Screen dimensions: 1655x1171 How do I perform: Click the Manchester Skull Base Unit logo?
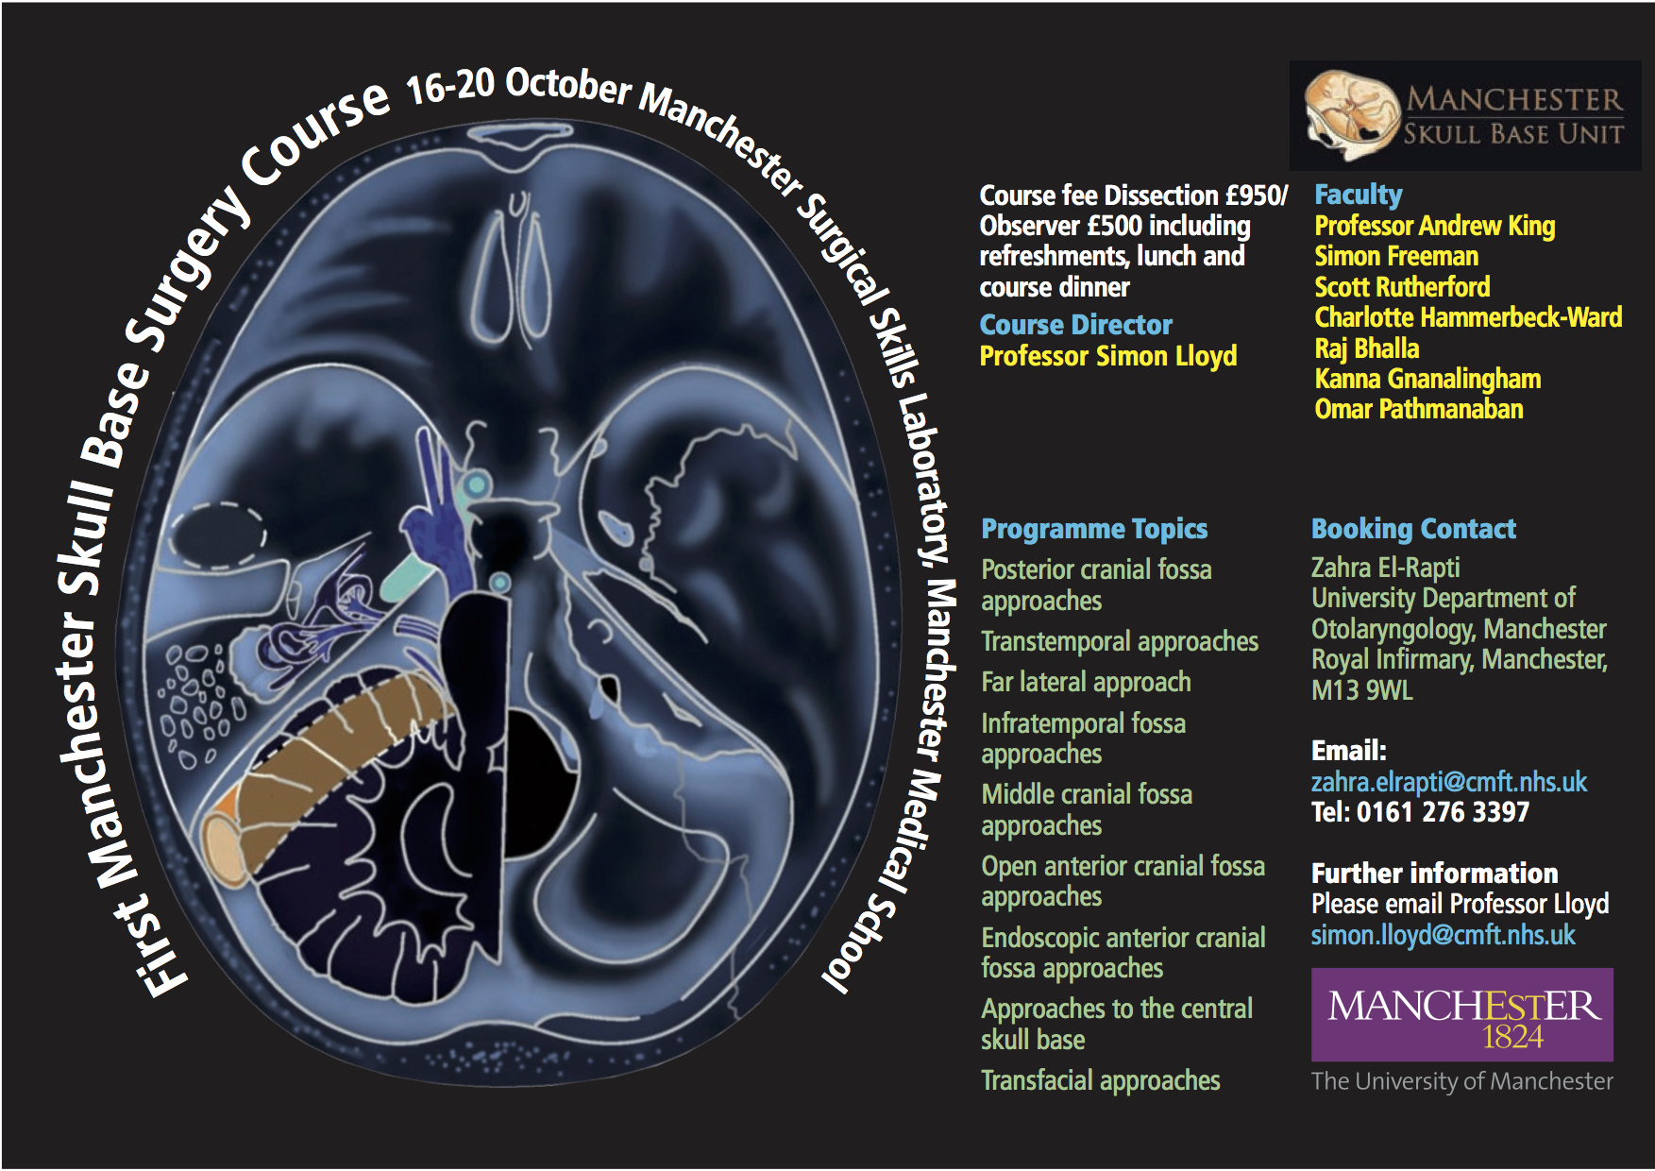[x=1465, y=116]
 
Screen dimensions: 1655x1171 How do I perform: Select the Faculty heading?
[x=1359, y=195]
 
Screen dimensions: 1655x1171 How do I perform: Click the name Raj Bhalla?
[x=1367, y=348]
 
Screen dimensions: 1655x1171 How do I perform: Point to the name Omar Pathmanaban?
[x=1419, y=409]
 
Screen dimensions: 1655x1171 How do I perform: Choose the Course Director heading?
[x=1076, y=325]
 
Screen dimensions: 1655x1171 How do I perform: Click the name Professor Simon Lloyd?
[x=1108, y=356]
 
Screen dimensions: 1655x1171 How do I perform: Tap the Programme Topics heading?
[x=1094, y=529]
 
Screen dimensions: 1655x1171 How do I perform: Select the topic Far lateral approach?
[x=1086, y=682]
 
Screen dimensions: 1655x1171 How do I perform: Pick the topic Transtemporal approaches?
[x=1120, y=641]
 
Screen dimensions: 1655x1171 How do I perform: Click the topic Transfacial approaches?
[x=1101, y=1080]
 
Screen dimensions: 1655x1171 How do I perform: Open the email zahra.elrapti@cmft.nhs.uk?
[x=1449, y=782]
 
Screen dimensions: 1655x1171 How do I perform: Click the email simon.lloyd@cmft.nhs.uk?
[x=1444, y=935]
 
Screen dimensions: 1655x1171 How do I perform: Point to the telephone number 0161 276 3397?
[x=1443, y=812]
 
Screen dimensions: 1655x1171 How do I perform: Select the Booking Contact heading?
[x=1413, y=529]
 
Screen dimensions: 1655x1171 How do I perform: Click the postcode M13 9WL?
[x=1362, y=690]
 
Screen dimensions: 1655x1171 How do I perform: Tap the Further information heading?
[x=1435, y=874]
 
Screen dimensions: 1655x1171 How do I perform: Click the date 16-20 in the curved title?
[x=449, y=87]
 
